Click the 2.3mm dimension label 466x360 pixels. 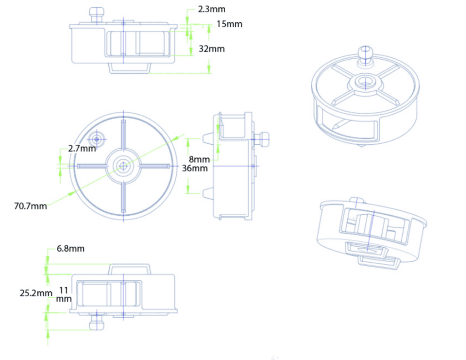click(212, 9)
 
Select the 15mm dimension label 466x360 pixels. click(229, 24)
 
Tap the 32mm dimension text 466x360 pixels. click(212, 49)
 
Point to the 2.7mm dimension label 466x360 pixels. click(82, 148)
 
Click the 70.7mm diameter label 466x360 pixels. click(30, 206)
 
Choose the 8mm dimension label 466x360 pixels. click(199, 160)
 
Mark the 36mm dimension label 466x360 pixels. click(195, 168)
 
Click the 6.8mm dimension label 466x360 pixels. click(71, 249)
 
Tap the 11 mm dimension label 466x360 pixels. click(64, 294)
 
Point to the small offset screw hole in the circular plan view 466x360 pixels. click(96, 138)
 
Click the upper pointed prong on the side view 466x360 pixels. click(207, 138)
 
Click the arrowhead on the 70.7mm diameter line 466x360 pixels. click(72, 193)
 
